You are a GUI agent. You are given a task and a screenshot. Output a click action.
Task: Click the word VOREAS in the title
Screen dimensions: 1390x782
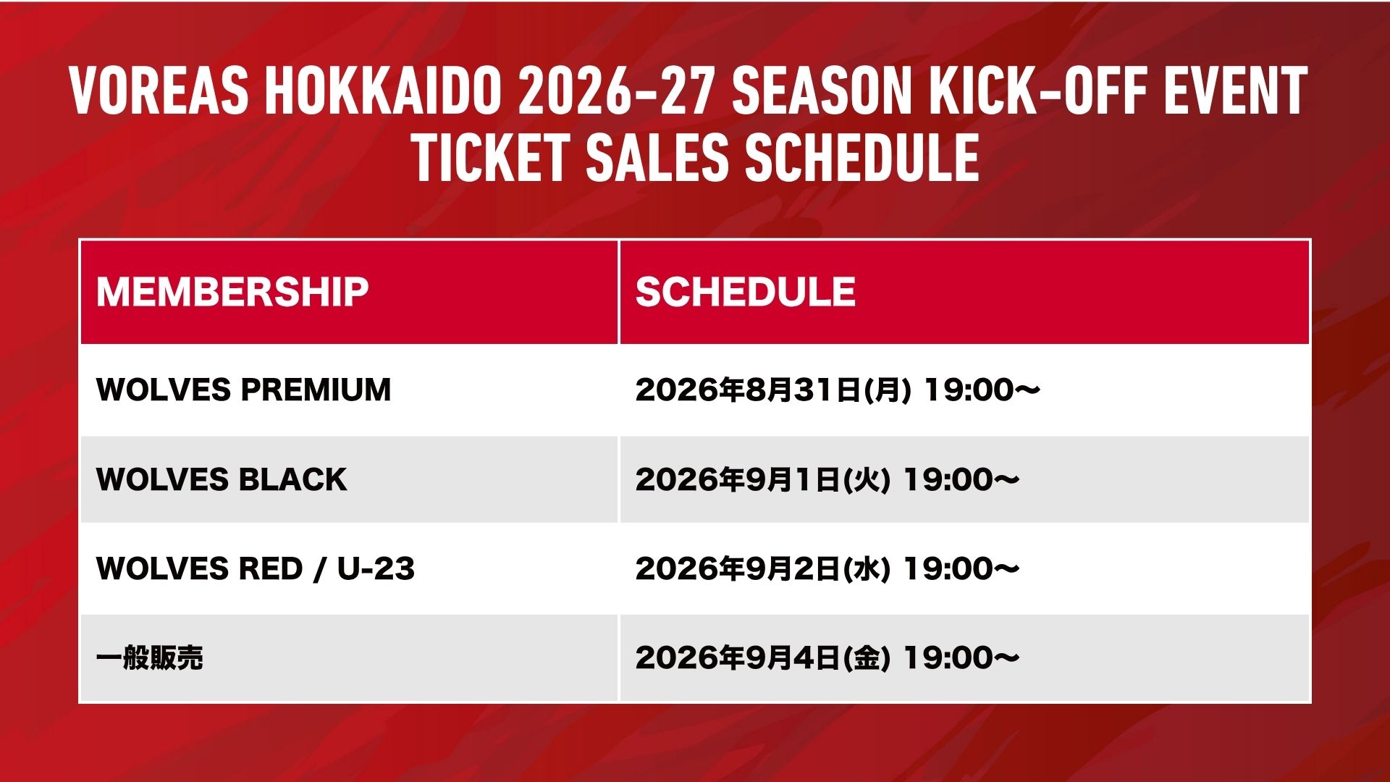159,91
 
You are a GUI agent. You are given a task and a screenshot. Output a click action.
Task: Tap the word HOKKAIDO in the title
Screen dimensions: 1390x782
383,91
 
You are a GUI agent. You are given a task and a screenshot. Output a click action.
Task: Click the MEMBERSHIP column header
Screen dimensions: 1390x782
232,292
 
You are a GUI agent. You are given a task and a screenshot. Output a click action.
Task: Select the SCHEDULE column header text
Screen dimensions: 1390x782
746,292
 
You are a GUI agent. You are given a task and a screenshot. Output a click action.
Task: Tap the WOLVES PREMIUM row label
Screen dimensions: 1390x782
243,390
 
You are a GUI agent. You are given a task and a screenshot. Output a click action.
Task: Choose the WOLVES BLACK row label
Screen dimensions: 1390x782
222,479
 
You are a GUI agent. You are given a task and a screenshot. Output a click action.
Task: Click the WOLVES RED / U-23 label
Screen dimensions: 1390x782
256,568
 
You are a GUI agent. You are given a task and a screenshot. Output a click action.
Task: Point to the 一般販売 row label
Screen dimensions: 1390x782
150,658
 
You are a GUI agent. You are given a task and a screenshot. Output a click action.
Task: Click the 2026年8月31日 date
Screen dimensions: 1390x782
749,390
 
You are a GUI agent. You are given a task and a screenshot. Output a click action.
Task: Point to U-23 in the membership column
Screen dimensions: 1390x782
376,568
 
